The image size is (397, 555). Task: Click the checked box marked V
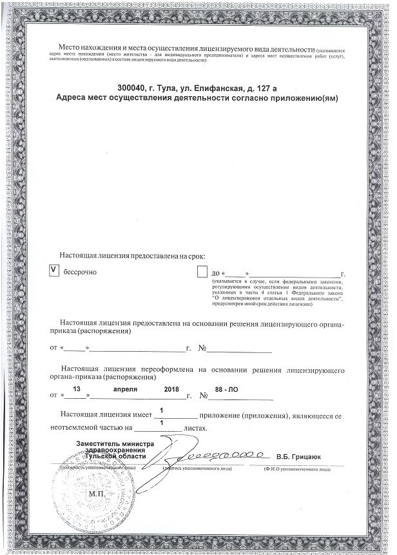tap(54, 271)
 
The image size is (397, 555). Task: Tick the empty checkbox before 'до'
tap(202, 272)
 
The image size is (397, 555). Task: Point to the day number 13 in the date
tap(77, 390)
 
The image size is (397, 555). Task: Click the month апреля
tap(126, 390)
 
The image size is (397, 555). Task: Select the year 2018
tap(171, 390)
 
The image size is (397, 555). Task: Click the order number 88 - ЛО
tap(227, 390)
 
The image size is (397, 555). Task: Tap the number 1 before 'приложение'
tap(160, 409)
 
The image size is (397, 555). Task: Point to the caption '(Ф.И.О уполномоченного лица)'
tap(297, 469)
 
